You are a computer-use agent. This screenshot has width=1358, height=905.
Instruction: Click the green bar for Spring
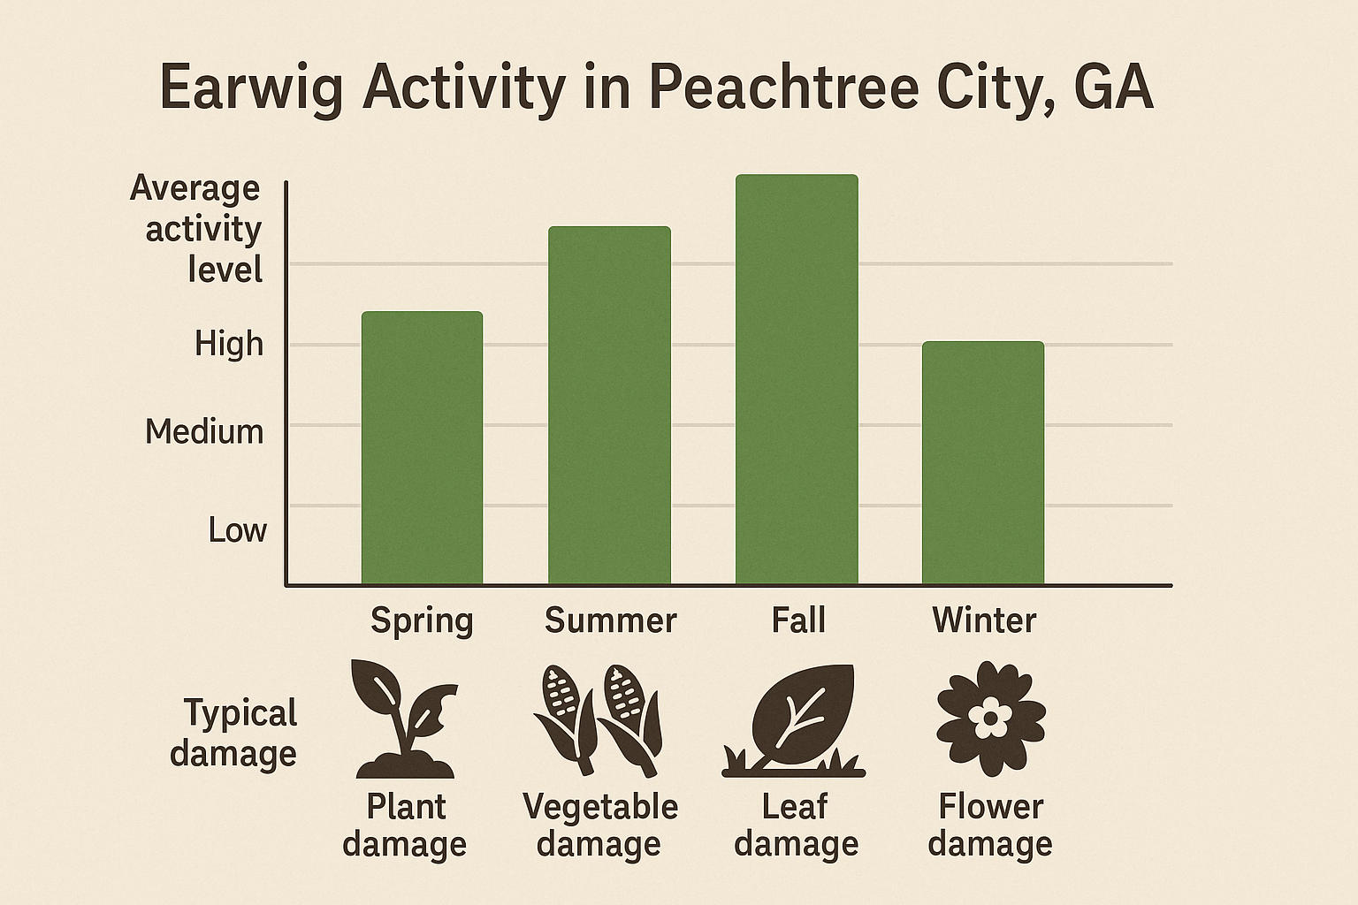pos(422,448)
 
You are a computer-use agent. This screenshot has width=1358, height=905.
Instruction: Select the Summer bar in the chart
pos(609,406)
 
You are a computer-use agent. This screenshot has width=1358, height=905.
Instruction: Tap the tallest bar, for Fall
pos(797,380)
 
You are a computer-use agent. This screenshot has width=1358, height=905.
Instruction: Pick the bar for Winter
pos(983,463)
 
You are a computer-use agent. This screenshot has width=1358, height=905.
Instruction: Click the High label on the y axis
pos(229,344)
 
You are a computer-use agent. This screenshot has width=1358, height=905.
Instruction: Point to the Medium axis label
pos(204,432)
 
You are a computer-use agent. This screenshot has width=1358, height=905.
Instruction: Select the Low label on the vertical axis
pos(237,530)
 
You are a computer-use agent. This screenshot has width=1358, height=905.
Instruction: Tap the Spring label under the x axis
pos(422,620)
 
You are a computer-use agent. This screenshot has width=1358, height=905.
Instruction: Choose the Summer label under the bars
pos(610,620)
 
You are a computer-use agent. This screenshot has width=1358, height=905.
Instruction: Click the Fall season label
pos(798,620)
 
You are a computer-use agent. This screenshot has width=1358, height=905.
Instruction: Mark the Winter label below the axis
pos(984,620)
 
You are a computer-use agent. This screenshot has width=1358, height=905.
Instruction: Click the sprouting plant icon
pos(404,719)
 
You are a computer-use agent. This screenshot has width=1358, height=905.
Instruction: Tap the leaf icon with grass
pos(794,721)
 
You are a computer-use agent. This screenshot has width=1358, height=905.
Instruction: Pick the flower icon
pos(991,719)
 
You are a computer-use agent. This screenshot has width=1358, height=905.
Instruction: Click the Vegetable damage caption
pos(600,825)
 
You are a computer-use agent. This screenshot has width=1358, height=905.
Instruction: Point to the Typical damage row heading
pos(234,734)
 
